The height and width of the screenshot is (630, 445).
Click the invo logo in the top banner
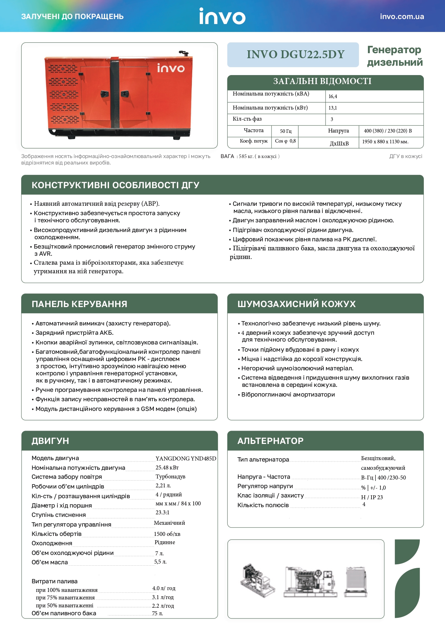(x=222, y=17)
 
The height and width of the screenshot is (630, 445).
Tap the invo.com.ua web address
(x=402, y=17)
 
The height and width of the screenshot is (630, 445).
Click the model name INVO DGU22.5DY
(x=295, y=55)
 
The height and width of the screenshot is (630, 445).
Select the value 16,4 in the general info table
(x=333, y=97)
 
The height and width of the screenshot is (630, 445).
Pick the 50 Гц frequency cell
(x=285, y=131)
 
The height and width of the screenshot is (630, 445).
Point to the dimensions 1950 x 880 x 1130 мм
(x=385, y=142)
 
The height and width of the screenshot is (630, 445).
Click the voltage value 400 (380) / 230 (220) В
(x=388, y=131)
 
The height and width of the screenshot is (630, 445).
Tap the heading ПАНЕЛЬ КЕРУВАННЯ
(x=79, y=304)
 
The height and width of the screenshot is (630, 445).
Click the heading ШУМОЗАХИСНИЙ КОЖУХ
(x=297, y=304)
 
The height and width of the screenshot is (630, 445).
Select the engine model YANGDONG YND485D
(x=186, y=459)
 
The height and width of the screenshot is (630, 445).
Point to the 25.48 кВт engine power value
(x=167, y=468)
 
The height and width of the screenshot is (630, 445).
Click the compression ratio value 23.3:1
(x=162, y=513)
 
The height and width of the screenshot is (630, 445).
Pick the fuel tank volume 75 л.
(x=157, y=613)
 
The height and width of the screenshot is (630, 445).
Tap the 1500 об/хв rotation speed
(x=167, y=534)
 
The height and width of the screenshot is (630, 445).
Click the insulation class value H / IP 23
(x=372, y=497)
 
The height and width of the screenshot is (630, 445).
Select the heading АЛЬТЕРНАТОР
(x=270, y=441)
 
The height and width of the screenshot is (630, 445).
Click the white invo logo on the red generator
(x=171, y=68)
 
